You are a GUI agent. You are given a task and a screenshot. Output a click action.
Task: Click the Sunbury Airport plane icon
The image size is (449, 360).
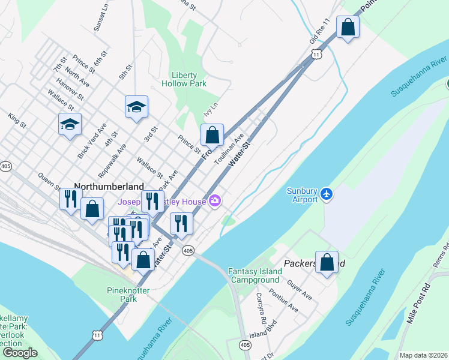point(326,194)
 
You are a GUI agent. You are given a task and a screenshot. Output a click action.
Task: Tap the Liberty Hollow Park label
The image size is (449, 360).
point(184,79)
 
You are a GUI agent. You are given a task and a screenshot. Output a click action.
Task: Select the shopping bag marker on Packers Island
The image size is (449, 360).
point(327,262)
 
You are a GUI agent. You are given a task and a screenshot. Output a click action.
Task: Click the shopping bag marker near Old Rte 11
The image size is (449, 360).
point(348,27)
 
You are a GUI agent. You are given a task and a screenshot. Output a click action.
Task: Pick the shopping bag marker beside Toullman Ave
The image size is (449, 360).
point(212,135)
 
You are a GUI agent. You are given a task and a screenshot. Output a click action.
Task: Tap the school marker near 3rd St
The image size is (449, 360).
point(136,107)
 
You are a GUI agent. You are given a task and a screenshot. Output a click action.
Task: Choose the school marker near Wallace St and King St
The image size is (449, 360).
point(70,125)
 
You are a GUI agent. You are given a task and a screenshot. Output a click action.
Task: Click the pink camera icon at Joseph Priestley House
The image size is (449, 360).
point(215,202)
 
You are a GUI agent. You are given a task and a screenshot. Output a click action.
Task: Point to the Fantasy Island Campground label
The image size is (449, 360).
point(255,275)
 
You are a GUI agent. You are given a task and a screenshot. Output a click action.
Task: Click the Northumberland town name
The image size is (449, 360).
point(109,187)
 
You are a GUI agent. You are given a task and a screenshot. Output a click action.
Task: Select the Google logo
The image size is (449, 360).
point(20,353)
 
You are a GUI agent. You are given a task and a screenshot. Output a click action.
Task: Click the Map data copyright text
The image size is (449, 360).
point(423,355)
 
